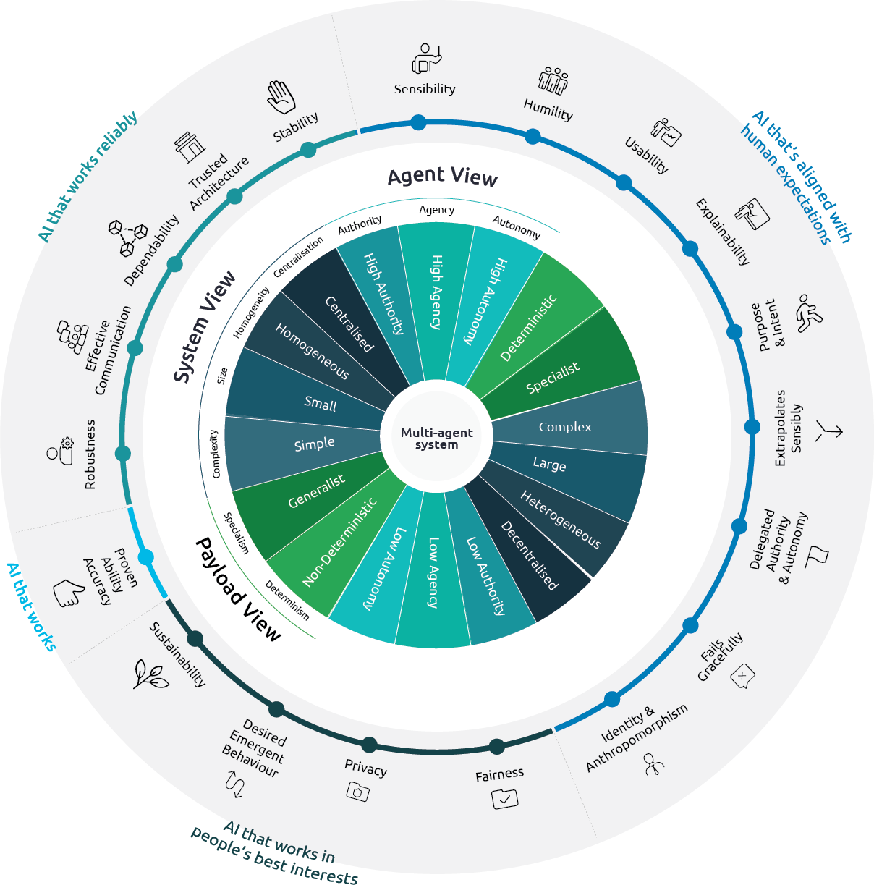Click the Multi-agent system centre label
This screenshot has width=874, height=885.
tap(436, 439)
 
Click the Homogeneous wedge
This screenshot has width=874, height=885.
tap(312, 351)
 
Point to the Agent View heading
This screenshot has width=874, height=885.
tap(442, 177)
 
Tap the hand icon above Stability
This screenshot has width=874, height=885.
tap(281, 97)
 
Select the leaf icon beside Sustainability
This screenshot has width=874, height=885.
tap(151, 674)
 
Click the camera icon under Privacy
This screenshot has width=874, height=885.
tap(357, 792)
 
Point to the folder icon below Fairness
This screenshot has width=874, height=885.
tap(504, 798)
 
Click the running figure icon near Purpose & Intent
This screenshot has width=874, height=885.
tap(809, 313)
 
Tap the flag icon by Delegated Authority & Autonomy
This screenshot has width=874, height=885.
tap(818, 555)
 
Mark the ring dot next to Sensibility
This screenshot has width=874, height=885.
tap(418, 122)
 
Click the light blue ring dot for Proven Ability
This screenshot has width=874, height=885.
tap(145, 558)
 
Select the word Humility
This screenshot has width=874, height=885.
tap(548, 110)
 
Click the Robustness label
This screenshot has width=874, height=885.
tap(90, 454)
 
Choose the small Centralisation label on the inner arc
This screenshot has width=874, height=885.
tap(298, 258)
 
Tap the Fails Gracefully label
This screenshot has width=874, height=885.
tap(720, 656)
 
